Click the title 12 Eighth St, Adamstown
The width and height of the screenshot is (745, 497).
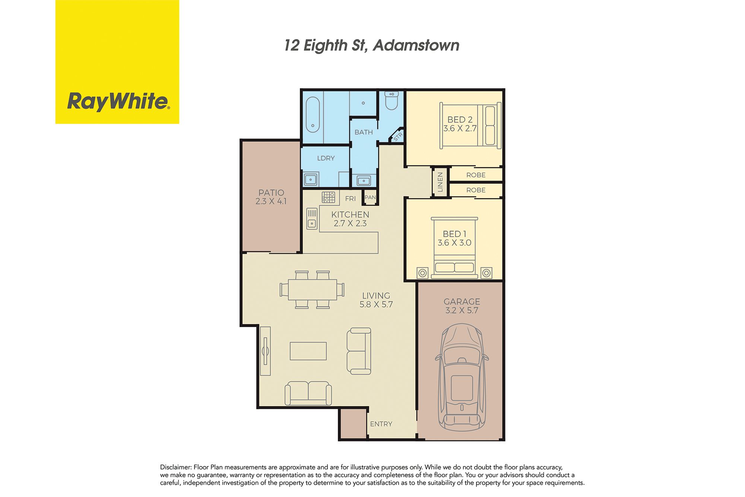point(372,45)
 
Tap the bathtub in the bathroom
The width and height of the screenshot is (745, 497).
point(313,115)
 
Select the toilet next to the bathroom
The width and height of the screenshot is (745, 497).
point(391,100)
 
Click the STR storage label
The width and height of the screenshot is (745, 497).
point(398,137)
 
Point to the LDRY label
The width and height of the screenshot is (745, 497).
point(326,158)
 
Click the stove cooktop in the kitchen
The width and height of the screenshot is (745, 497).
point(328,197)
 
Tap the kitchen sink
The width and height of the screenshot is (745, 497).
point(312,218)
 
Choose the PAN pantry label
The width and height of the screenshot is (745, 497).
point(370,197)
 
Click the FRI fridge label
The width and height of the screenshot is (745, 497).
point(351,199)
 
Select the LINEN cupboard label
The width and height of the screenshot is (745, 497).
point(440,182)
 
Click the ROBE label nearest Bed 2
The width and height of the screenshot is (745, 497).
point(476,175)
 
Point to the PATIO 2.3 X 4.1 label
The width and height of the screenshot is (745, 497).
point(271,197)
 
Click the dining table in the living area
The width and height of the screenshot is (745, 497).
point(312,289)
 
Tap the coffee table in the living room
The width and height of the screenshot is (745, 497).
point(308,351)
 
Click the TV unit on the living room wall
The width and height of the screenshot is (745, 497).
point(265,351)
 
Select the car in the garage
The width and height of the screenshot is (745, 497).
point(462,377)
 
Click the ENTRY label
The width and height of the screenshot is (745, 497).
point(381,424)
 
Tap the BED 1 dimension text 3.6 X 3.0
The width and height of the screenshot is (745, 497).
point(454,243)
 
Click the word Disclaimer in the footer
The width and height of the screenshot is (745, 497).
point(176,467)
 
